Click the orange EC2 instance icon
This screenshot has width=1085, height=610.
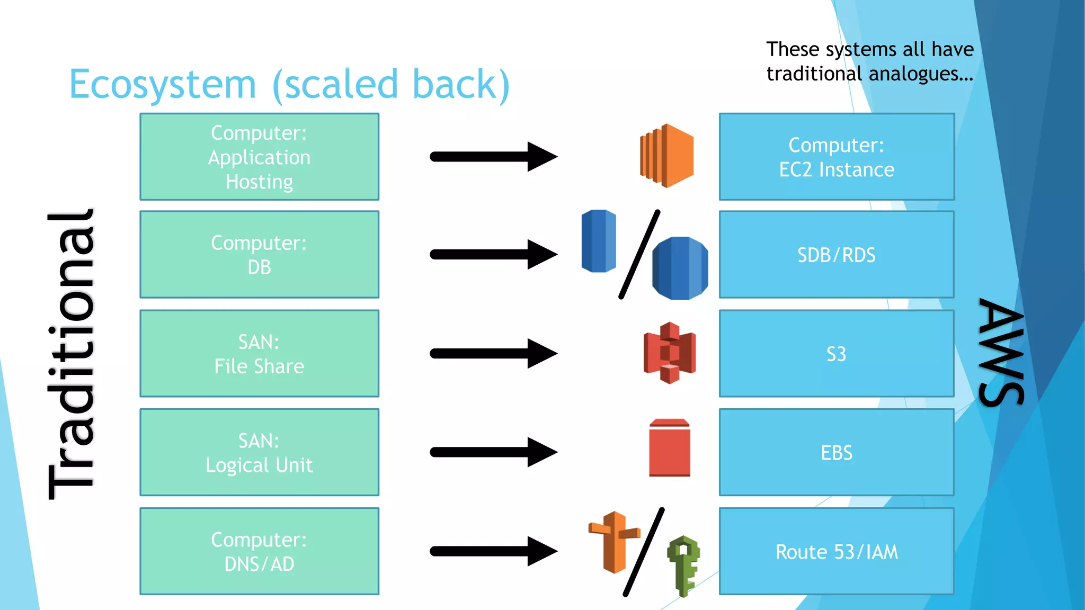[x=667, y=156]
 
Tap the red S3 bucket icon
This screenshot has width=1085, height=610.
[x=670, y=353]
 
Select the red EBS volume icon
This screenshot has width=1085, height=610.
[x=670, y=448]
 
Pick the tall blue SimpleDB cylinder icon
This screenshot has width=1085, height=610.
[x=599, y=241]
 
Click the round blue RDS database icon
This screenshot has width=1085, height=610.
[x=680, y=268]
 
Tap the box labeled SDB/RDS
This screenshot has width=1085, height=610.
[x=837, y=255]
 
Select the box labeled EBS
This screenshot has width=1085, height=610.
[x=837, y=452]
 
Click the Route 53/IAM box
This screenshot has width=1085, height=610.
[x=837, y=551]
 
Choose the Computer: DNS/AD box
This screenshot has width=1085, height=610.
[x=259, y=551]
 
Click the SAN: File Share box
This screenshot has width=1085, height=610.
[x=259, y=353]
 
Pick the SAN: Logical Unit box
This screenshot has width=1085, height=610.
[x=259, y=452]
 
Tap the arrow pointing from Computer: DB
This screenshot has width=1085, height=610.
[x=493, y=255]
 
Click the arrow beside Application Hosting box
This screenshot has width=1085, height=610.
[x=493, y=157]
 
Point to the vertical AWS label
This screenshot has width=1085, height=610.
[x=1001, y=352]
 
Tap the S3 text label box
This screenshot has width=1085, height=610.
[x=837, y=354]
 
